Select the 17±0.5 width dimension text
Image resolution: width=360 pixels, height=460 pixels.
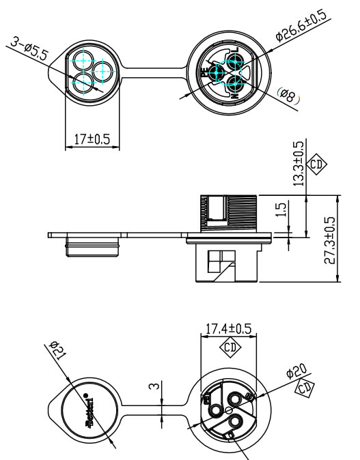[92, 139]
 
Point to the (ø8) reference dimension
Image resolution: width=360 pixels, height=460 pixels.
[288, 96]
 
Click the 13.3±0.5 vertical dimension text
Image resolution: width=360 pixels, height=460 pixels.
[299, 164]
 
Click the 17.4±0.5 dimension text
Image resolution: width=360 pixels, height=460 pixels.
[228, 329]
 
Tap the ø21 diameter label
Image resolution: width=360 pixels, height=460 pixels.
[59, 354]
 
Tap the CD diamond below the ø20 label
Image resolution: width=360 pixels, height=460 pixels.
[304, 390]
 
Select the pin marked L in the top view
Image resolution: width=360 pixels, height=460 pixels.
[236, 63]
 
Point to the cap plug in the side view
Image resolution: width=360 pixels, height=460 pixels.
[94, 246]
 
